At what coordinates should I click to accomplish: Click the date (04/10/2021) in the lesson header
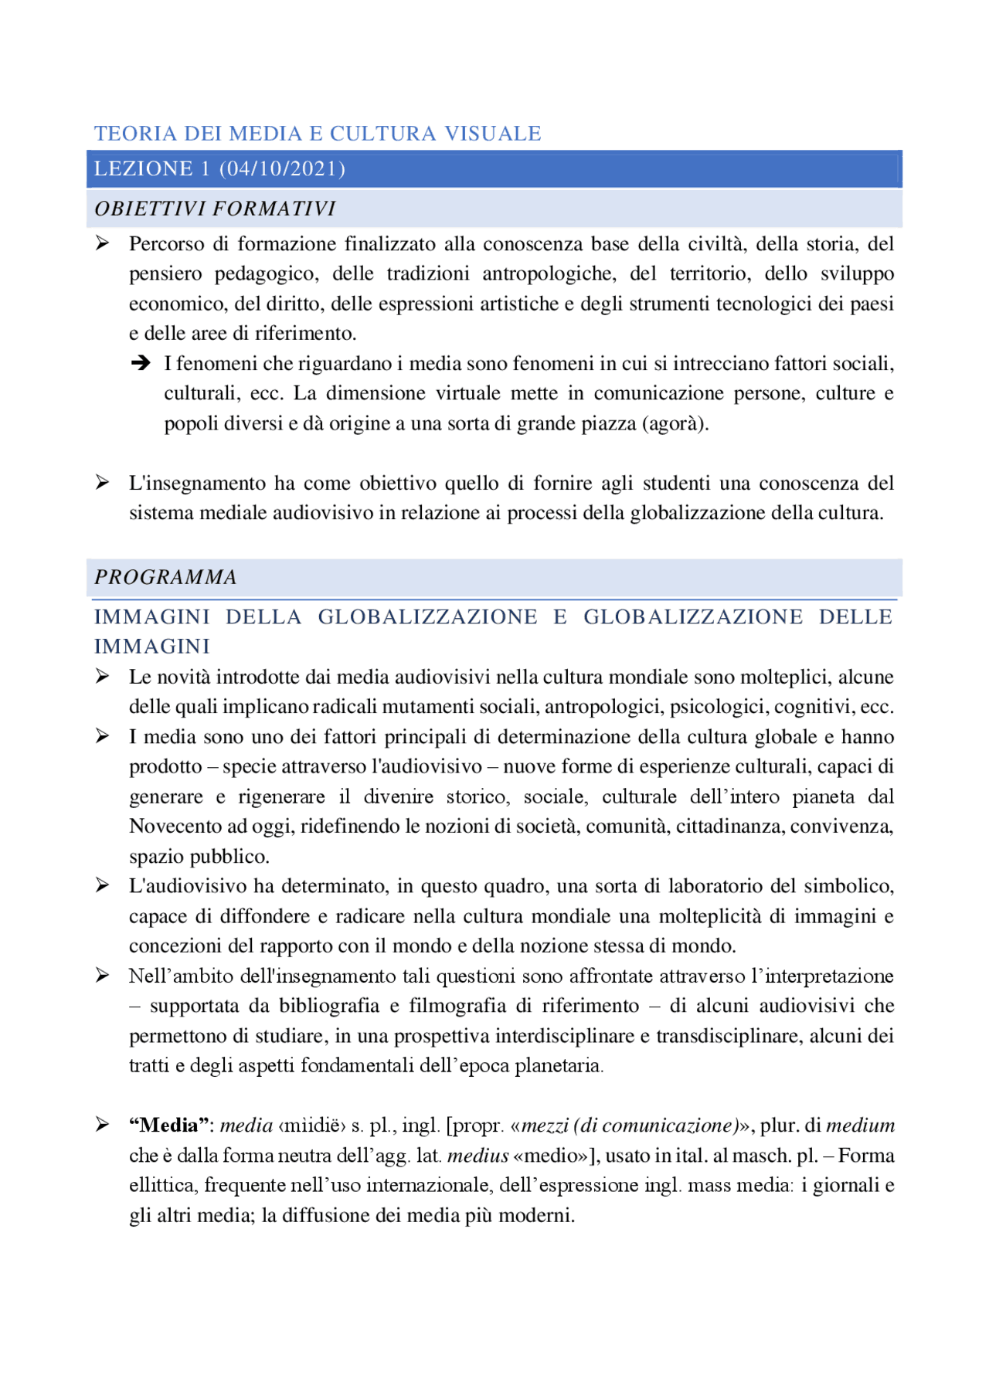(282, 168)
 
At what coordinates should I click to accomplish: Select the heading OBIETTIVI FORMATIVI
(215, 209)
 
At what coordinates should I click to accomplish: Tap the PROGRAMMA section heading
(165, 577)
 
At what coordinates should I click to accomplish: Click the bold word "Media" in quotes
(171, 1126)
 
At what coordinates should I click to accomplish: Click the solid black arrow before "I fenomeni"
(141, 363)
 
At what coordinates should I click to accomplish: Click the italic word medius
(478, 1156)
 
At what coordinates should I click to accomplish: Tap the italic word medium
(860, 1126)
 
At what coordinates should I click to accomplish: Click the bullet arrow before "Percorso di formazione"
(102, 244)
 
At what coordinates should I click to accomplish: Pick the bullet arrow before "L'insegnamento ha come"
(102, 483)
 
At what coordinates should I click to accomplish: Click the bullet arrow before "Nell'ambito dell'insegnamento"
(102, 976)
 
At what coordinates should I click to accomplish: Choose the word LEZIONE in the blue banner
(144, 168)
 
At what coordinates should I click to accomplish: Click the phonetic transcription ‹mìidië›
(312, 1126)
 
